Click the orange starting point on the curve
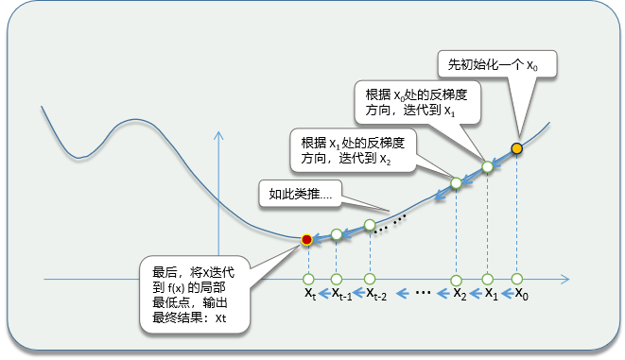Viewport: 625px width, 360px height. (516, 148)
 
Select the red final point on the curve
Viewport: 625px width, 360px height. (306, 240)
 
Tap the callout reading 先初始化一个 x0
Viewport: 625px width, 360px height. (497, 63)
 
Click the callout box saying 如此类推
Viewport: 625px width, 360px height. (300, 194)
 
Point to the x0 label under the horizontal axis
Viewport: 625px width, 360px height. (521, 294)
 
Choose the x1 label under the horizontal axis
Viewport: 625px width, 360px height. (491, 294)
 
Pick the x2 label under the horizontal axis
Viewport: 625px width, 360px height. (460, 294)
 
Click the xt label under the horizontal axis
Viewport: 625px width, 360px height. (310, 294)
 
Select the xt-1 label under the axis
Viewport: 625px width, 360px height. (341, 294)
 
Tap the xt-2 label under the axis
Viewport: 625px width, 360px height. (376, 294)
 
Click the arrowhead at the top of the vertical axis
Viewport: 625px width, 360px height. (218, 135)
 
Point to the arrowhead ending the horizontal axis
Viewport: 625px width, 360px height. (564, 279)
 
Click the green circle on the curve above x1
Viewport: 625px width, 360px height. (488, 166)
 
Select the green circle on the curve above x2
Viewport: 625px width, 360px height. (456, 182)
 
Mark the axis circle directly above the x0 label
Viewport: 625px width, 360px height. (516, 279)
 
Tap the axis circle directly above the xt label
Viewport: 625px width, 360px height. (308, 279)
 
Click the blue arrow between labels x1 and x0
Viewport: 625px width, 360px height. (507, 294)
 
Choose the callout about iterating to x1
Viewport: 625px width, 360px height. (417, 102)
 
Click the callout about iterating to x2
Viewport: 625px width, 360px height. (353, 150)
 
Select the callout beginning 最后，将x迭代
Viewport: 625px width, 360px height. (195, 294)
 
